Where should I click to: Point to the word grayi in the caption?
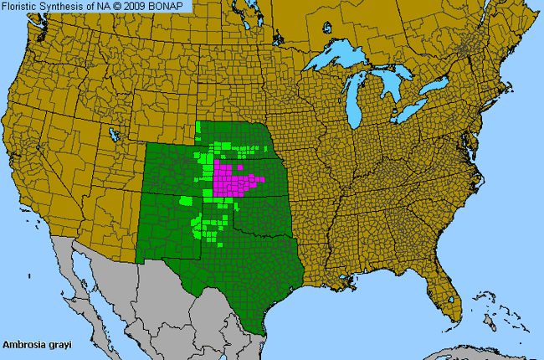[56, 344]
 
